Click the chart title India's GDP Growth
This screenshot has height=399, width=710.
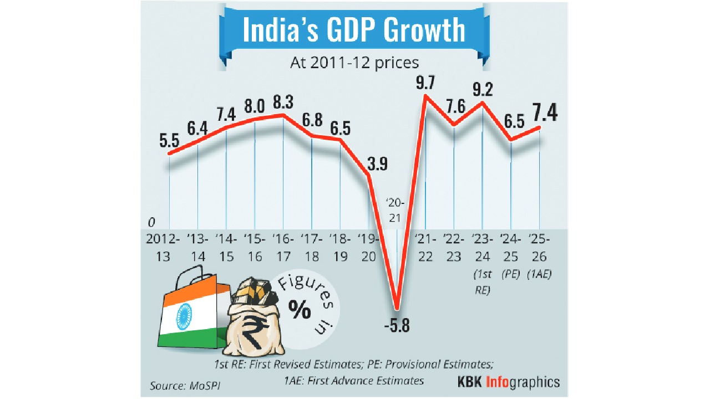click(x=353, y=30)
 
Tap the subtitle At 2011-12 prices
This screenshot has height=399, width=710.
click(x=354, y=62)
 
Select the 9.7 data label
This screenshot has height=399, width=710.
click(x=426, y=84)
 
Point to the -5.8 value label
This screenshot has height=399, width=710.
click(x=397, y=326)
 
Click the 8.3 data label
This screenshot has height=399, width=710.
click(x=283, y=103)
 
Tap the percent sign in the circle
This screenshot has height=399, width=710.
click(x=300, y=311)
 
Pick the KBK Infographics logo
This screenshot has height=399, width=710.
click(x=508, y=382)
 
